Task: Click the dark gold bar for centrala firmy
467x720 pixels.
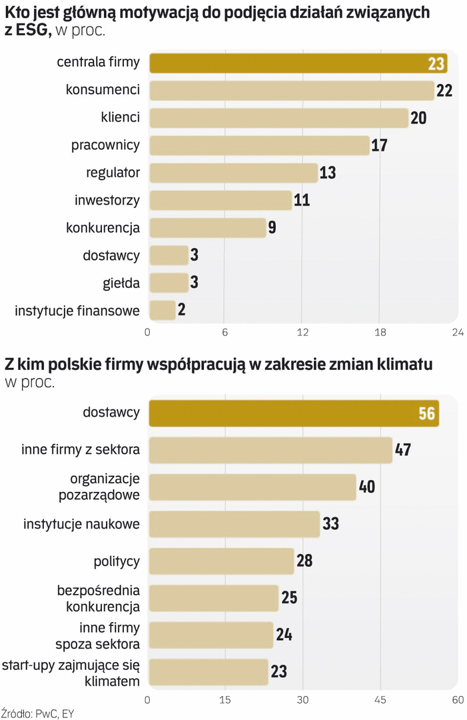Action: [298, 63]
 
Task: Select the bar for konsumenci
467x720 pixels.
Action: [292, 91]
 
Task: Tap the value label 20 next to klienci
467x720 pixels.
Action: [418, 118]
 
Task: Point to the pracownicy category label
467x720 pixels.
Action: [105, 145]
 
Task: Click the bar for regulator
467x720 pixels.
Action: [233, 173]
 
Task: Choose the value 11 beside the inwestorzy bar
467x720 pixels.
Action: [302, 200]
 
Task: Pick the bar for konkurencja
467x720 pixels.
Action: [207, 227]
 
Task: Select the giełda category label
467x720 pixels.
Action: [121, 283]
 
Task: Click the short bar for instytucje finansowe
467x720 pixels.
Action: [162, 310]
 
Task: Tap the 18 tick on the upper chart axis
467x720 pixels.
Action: [380, 332]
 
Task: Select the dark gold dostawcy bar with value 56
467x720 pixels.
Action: [293, 413]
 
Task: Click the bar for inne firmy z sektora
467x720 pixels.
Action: [270, 450]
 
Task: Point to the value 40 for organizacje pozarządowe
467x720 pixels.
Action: [367, 487]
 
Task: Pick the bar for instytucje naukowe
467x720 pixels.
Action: [234, 524]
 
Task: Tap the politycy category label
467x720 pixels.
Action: [117, 561]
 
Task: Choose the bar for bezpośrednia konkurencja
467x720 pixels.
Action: [213, 598]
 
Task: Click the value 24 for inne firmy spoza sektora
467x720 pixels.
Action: [284, 635]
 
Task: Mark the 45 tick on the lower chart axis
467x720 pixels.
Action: [380, 700]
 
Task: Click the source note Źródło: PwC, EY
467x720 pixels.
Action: [37, 713]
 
